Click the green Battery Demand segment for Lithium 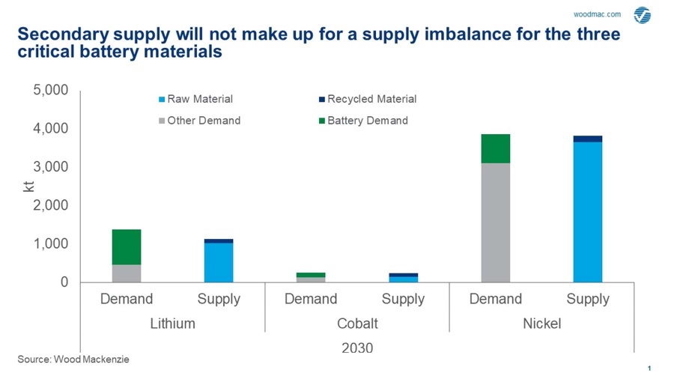[x=127, y=247]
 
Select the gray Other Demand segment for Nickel [x=495, y=222]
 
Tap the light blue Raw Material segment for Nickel [x=588, y=212]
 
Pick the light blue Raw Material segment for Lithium [x=219, y=263]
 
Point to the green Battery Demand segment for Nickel [x=495, y=148]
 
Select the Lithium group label [x=172, y=324]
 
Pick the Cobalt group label [x=357, y=324]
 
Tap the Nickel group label [x=541, y=324]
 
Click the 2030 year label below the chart [x=357, y=348]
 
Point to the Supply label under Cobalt [x=403, y=299]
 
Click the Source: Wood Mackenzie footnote [x=73, y=360]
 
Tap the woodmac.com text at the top [x=597, y=14]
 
